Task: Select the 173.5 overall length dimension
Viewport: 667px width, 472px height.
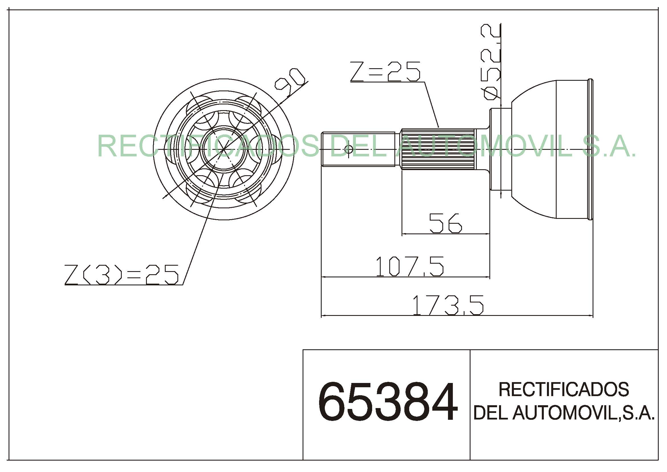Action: (448, 305)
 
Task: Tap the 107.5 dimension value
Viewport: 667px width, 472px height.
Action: (409, 266)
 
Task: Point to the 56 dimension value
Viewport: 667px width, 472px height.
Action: (445, 223)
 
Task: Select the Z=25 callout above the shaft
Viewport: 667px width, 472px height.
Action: (386, 71)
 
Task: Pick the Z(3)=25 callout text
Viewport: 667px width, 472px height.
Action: (121, 274)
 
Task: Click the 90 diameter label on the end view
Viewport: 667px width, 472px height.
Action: (290, 82)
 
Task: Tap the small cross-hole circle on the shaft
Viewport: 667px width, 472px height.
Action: (348, 149)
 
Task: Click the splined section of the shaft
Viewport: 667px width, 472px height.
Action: (438, 149)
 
